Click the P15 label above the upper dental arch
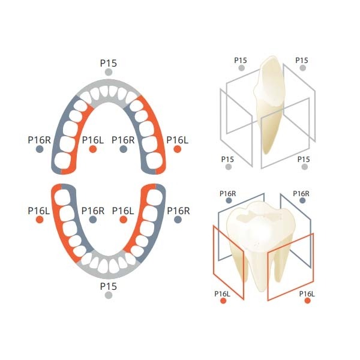point(108,62)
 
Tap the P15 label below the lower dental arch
point(108,286)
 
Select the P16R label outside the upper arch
point(39,140)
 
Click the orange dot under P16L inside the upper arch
point(93,149)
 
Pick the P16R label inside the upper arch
point(124,140)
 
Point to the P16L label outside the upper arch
point(178,140)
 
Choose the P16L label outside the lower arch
point(39,210)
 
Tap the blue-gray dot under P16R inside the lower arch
point(93,220)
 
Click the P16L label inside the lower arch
point(124,210)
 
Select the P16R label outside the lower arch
point(178,210)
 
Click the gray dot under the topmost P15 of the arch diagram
point(108,72)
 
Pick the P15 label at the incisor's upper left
point(241,60)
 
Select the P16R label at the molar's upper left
point(227,193)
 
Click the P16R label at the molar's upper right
point(301,193)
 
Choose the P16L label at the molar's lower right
point(307,293)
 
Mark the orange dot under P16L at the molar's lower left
point(223,301)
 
